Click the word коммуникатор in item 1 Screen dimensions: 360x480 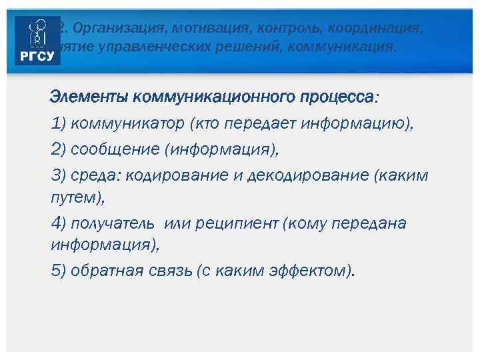[127, 123]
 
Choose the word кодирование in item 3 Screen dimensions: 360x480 [171, 175]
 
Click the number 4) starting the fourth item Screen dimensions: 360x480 [59, 223]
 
